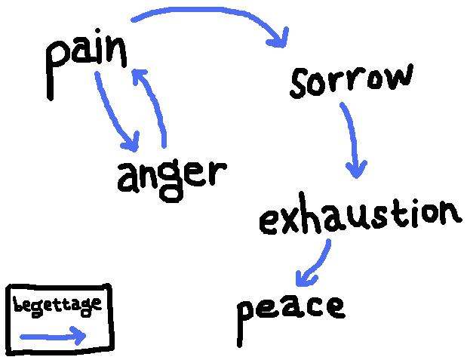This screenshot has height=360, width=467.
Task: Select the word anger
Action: (x=171, y=177)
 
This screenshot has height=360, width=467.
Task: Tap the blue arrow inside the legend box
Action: (x=53, y=336)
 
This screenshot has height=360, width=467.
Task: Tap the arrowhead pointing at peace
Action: (x=303, y=280)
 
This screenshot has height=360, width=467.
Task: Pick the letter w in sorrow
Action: (x=398, y=78)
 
